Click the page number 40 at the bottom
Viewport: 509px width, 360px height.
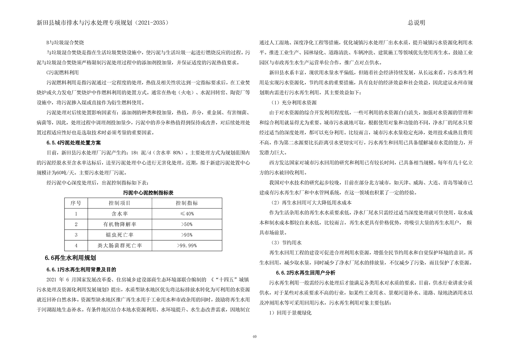pos(254,336)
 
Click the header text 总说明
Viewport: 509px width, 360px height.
pos(416,23)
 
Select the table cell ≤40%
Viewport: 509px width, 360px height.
pos(187,214)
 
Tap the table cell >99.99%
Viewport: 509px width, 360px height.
pos(187,245)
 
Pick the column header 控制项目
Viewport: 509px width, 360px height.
pos(120,203)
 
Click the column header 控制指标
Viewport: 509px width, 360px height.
pos(187,203)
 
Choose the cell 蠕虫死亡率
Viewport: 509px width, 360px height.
pos(120,235)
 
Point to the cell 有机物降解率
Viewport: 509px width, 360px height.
pos(120,224)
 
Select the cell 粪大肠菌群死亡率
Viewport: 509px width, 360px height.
pos(120,245)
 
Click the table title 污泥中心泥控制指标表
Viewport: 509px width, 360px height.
pos(148,193)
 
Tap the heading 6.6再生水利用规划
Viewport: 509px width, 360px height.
pos(71,258)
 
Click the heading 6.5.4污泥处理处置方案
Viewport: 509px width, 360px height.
pos(74,142)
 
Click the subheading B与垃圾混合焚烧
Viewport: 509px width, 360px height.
pos(65,42)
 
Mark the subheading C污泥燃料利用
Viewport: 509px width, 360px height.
pos(63,73)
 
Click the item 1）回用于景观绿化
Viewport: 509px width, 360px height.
pos(290,313)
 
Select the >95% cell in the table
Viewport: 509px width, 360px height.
pos(187,235)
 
